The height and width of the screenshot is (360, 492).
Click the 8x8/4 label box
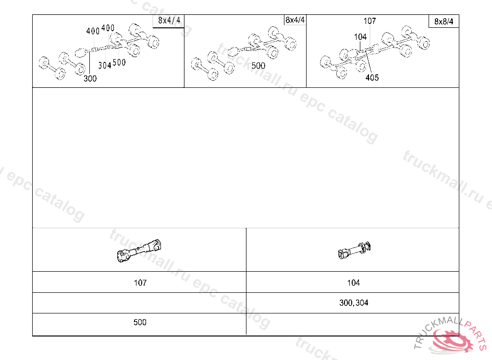point(443,21)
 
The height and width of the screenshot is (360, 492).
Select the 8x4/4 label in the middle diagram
point(295,20)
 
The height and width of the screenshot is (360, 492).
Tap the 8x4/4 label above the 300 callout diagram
point(169,21)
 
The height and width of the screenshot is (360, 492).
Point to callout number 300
point(90,78)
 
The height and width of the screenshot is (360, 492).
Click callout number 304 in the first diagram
point(105,65)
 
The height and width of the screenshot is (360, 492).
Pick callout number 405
point(372,77)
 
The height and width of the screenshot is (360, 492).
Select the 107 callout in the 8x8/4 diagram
point(369,21)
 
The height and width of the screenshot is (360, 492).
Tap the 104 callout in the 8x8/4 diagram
point(360,37)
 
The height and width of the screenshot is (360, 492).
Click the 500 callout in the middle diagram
point(258,66)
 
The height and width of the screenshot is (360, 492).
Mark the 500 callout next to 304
point(119,62)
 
